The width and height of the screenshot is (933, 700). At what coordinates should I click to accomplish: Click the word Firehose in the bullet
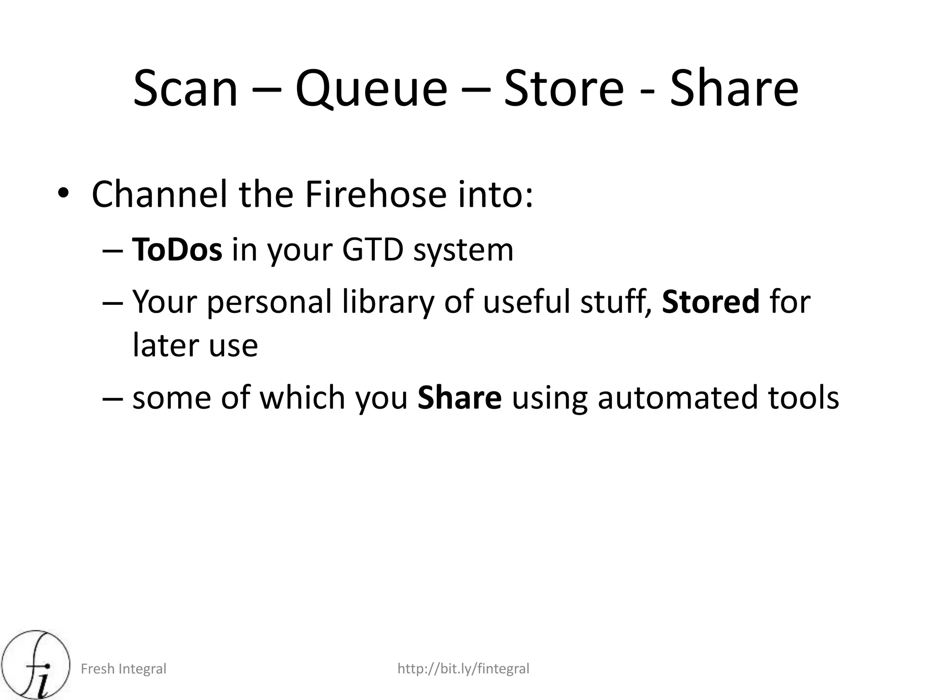pos(375,195)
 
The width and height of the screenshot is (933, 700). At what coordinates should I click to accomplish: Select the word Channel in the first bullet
pos(159,195)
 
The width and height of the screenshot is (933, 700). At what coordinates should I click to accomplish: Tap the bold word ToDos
pos(177,250)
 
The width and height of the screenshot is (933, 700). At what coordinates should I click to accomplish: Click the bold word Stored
pos(711,302)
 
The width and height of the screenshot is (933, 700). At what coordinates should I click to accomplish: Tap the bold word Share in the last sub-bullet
pos(460,397)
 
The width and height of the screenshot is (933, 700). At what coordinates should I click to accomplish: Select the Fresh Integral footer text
pos(123,669)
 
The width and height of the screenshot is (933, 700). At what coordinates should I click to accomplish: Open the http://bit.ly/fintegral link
pos(463,669)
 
